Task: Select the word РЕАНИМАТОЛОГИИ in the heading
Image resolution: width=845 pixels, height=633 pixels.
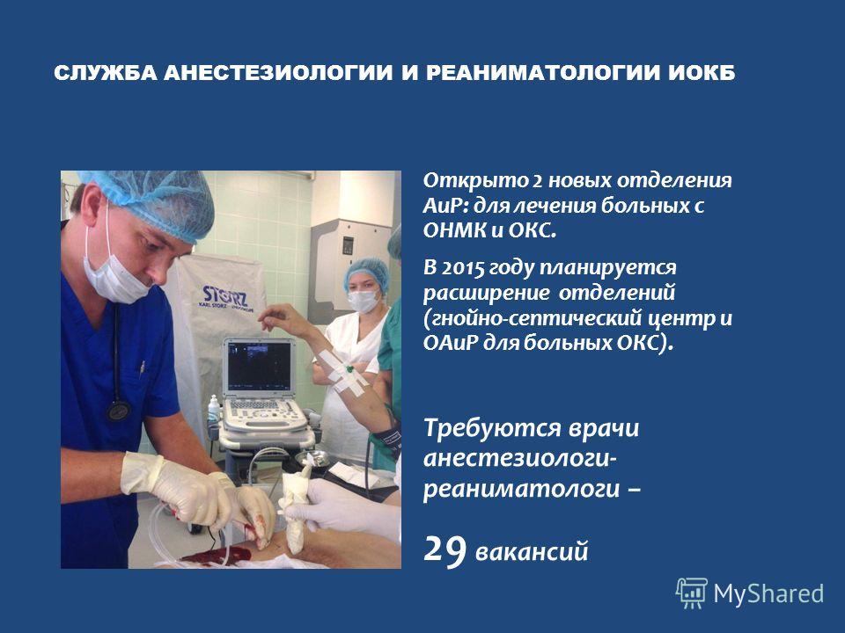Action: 544,73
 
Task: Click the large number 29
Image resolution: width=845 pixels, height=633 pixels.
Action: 445,549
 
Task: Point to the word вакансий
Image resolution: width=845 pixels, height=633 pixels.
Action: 532,552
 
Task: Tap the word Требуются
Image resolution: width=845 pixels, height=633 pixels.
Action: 489,429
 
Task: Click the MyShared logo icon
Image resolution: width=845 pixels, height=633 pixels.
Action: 692,593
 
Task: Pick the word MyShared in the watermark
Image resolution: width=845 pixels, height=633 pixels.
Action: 768,593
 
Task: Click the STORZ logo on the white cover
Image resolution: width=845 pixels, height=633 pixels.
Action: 224,296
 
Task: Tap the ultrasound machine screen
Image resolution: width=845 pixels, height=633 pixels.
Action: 259,366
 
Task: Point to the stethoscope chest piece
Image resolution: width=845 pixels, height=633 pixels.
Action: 118,411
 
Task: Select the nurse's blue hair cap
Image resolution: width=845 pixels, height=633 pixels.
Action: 367,273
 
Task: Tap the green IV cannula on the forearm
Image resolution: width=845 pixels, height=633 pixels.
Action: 349,370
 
